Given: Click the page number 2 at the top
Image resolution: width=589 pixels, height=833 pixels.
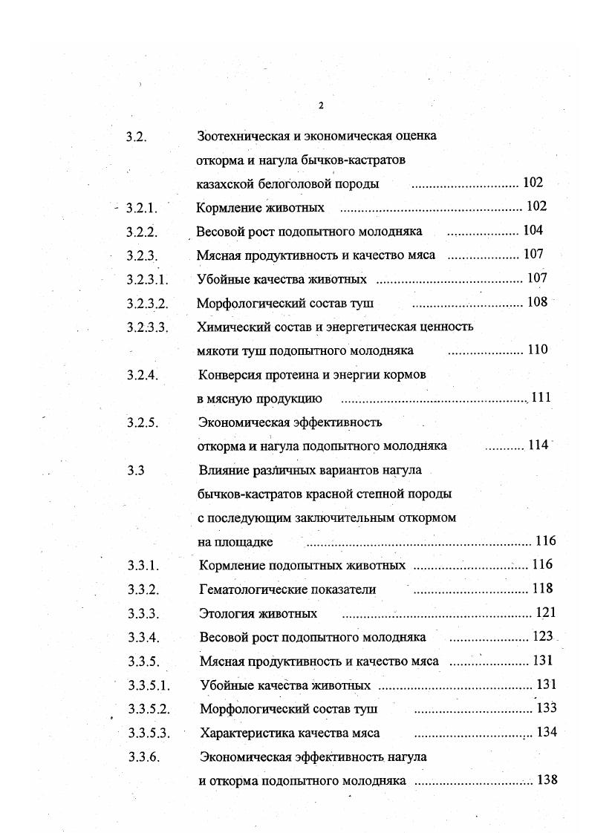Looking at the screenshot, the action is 321,105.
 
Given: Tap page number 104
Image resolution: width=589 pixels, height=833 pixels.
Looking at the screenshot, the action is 533,230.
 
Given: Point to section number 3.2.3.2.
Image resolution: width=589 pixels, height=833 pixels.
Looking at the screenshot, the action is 148,303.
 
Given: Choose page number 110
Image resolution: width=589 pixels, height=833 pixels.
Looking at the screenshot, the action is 537,350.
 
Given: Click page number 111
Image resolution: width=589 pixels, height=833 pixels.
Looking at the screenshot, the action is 540,398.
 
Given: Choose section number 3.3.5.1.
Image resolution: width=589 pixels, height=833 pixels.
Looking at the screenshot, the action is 149,685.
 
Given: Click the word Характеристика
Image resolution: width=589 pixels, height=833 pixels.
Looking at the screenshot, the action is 244,733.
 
